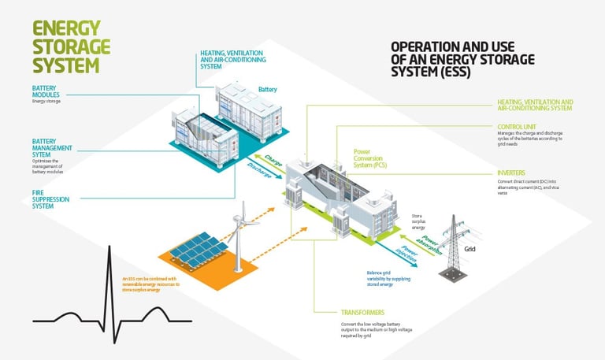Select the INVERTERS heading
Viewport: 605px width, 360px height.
pyautogui.click(x=512, y=173)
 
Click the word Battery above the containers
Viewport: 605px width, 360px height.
pyautogui.click(x=269, y=90)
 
